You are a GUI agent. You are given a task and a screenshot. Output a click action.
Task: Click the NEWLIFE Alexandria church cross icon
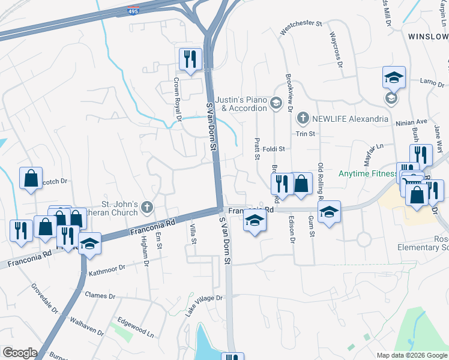point(303,118)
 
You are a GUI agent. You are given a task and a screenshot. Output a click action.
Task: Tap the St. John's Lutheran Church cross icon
point(148,208)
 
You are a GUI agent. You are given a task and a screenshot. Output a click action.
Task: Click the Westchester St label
point(301,25)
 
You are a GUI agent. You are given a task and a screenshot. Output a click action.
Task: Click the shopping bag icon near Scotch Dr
point(31,178)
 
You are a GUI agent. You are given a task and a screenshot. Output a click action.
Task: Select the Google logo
point(20,353)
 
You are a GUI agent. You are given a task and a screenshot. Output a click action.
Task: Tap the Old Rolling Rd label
point(321,181)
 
